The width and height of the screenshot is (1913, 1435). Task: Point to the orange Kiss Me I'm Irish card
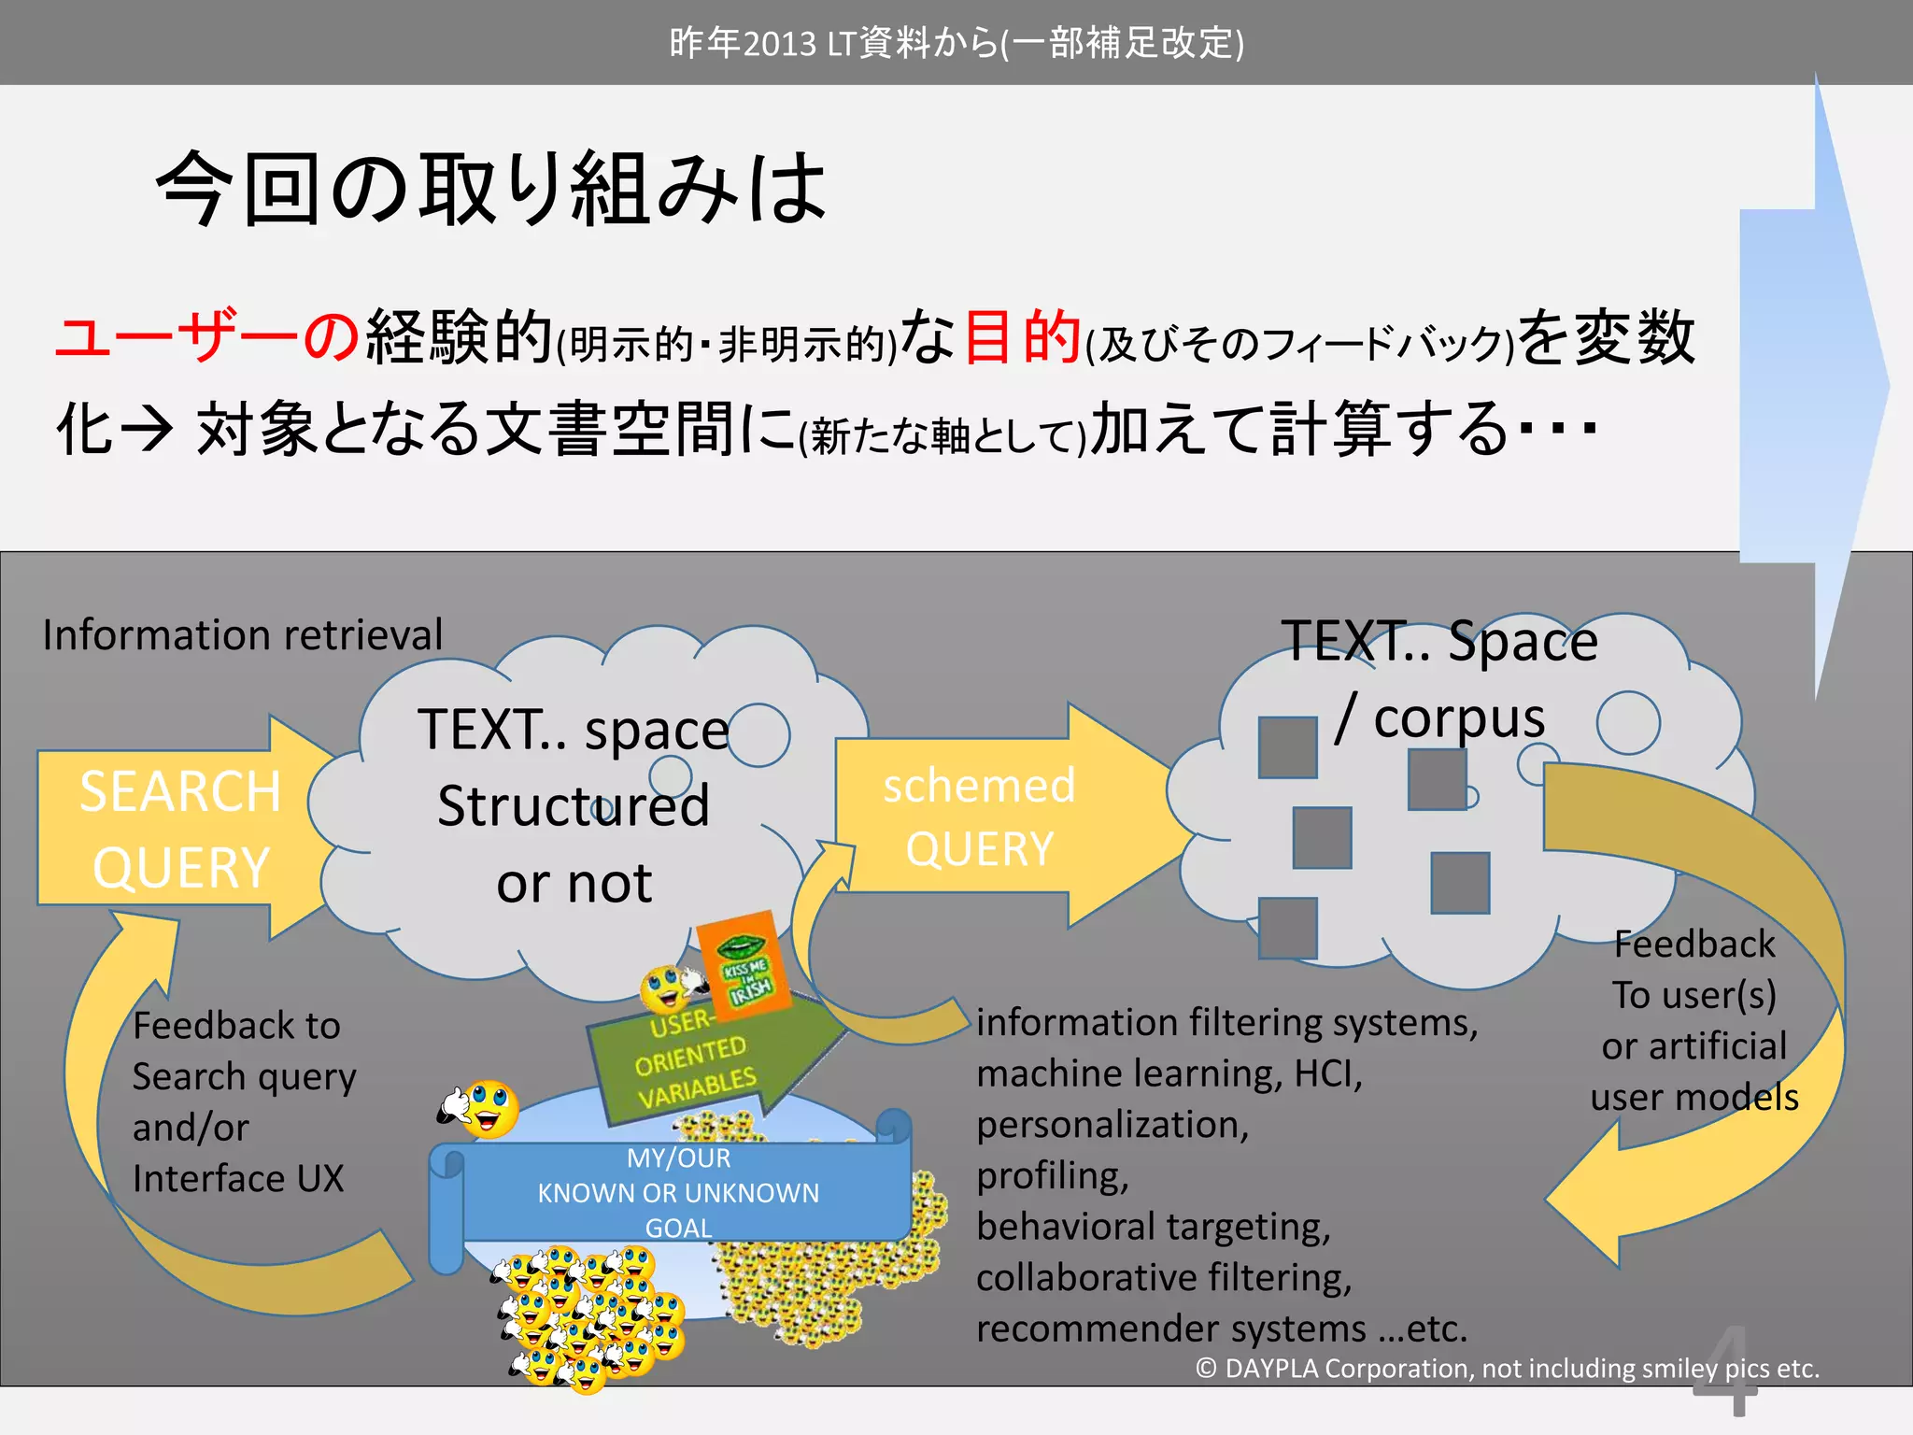[744, 966]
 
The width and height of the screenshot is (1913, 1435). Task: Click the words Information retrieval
[243, 635]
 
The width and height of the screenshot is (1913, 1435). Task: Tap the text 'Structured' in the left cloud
[574, 805]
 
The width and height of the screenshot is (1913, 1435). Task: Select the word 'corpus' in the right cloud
[1459, 717]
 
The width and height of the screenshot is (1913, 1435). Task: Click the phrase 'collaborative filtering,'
[1164, 1277]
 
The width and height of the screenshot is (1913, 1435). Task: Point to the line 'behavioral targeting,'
[1154, 1226]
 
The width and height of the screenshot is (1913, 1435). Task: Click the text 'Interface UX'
[238, 1178]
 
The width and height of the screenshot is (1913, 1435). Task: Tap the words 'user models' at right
[1694, 1097]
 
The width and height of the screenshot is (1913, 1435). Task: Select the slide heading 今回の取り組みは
[491, 189]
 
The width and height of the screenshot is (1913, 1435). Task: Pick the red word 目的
[1022, 336]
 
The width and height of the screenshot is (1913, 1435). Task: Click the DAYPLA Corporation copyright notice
[1508, 1369]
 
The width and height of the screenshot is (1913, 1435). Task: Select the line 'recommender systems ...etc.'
[1222, 1328]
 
